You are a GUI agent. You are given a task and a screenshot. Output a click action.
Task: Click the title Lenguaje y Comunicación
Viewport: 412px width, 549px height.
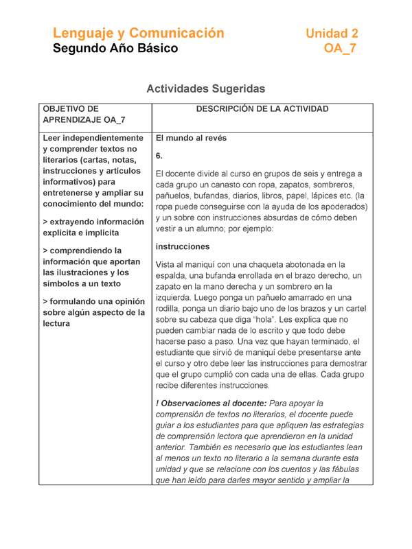pos(138,33)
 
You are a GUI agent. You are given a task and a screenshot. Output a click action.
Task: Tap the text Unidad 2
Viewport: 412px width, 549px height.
pos(332,33)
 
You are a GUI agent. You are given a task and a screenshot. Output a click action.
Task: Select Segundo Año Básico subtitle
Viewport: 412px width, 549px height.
pos(115,48)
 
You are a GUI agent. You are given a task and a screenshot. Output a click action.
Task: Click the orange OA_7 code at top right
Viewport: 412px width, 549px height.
pos(340,48)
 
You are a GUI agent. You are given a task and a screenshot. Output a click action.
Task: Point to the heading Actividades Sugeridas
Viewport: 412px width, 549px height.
pos(205,89)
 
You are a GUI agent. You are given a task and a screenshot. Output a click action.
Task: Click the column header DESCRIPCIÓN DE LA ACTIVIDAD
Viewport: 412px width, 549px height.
pos(262,109)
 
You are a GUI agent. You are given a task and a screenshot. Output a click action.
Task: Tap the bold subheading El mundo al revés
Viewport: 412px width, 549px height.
pos(191,138)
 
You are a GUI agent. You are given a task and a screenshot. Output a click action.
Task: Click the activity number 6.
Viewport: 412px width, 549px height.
pos(159,156)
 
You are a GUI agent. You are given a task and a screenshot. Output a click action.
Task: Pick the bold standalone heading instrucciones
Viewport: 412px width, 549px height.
pos(183,246)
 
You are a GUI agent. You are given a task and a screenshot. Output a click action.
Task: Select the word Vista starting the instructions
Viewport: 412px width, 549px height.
pos(168,264)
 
